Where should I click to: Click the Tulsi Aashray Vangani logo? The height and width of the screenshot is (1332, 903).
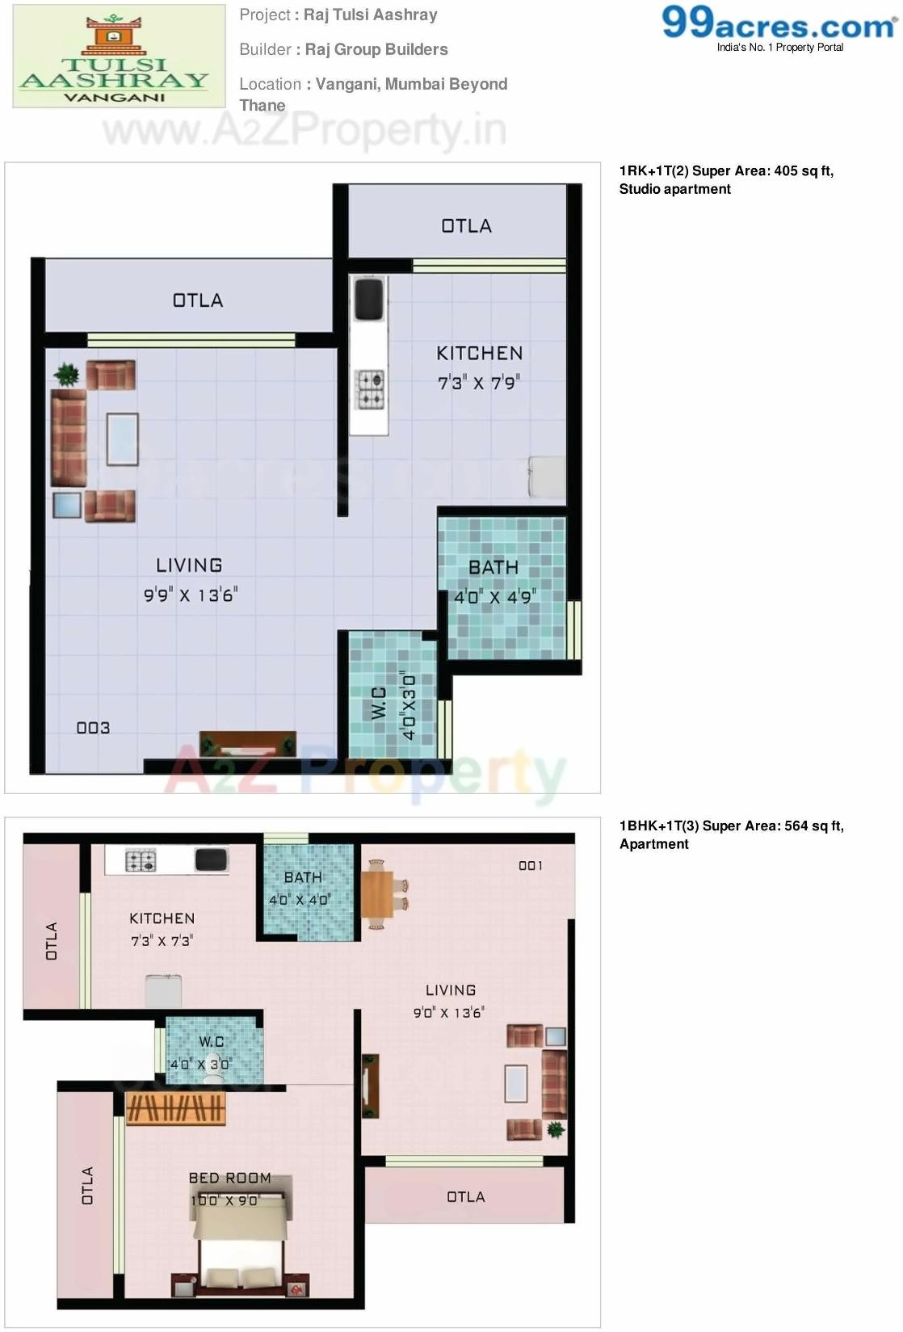119,57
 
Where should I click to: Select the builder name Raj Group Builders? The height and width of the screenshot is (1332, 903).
376,49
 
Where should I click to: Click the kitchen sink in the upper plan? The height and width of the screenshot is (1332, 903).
369,298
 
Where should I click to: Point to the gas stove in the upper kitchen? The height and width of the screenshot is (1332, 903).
371,389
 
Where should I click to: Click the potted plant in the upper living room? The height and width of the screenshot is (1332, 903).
66,374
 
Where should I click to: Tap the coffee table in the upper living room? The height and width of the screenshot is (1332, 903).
122,439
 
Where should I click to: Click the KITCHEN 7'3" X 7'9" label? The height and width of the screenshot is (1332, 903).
479,368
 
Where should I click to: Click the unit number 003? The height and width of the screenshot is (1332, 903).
93,728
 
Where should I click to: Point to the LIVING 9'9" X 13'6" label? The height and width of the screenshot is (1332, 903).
190,580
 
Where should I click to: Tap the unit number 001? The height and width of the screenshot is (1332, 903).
531,866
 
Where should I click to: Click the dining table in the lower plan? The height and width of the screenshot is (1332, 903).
377,894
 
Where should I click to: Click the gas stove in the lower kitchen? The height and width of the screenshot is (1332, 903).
141,861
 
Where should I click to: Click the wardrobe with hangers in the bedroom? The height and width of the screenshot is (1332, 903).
176,1110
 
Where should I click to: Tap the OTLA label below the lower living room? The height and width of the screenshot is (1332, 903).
466,1196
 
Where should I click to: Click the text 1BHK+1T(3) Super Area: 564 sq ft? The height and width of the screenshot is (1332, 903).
731,826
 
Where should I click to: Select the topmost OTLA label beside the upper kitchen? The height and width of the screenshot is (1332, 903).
466,226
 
